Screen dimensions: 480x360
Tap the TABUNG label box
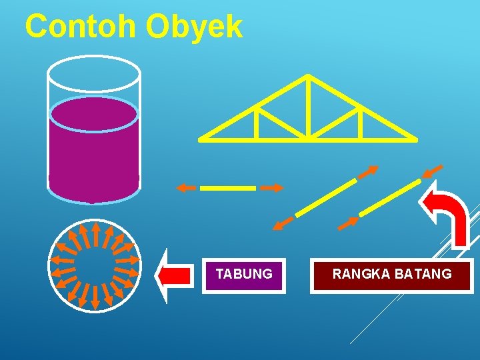(244, 275)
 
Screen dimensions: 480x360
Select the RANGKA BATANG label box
(392, 275)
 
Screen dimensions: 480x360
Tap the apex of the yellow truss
(307, 76)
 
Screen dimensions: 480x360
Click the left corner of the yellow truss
(201, 139)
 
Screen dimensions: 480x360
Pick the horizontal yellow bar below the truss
(228, 189)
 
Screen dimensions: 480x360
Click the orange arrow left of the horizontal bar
(186, 189)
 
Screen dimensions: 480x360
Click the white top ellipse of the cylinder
(94, 71)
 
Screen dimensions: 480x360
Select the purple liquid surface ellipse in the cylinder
(94, 115)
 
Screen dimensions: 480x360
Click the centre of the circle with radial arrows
(94, 265)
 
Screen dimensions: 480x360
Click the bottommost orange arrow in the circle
(95, 297)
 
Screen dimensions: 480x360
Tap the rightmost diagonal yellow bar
(389, 197)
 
